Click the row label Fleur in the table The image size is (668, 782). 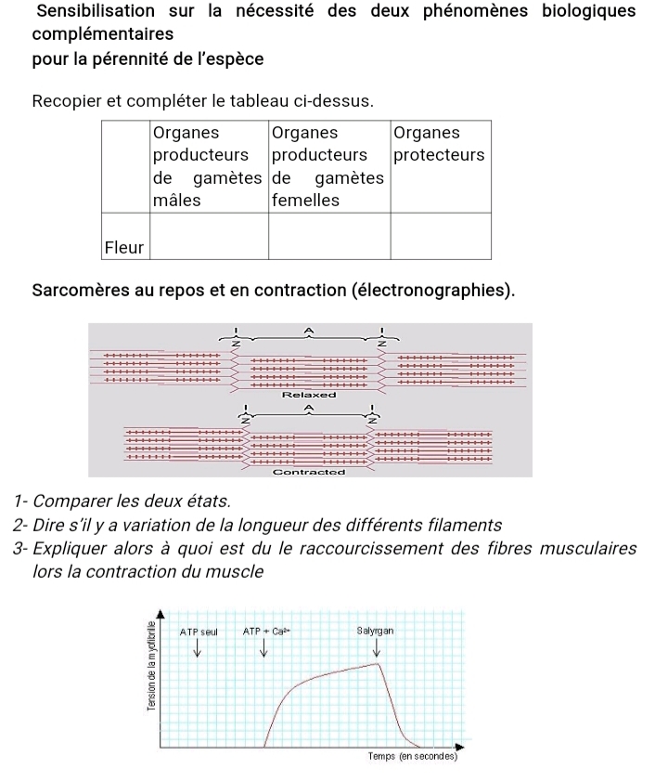tap(124, 248)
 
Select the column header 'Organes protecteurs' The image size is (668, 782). tap(438, 144)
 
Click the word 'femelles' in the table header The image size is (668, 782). tap(305, 200)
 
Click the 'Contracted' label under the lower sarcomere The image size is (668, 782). tap(309, 472)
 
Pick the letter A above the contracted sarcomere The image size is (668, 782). tap(309, 406)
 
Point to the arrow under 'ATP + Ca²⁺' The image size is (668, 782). tap(263, 648)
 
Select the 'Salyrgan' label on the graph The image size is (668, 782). tap(375, 631)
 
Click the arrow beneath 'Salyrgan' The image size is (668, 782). tap(376, 648)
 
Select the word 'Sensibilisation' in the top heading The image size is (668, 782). tap(96, 11)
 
